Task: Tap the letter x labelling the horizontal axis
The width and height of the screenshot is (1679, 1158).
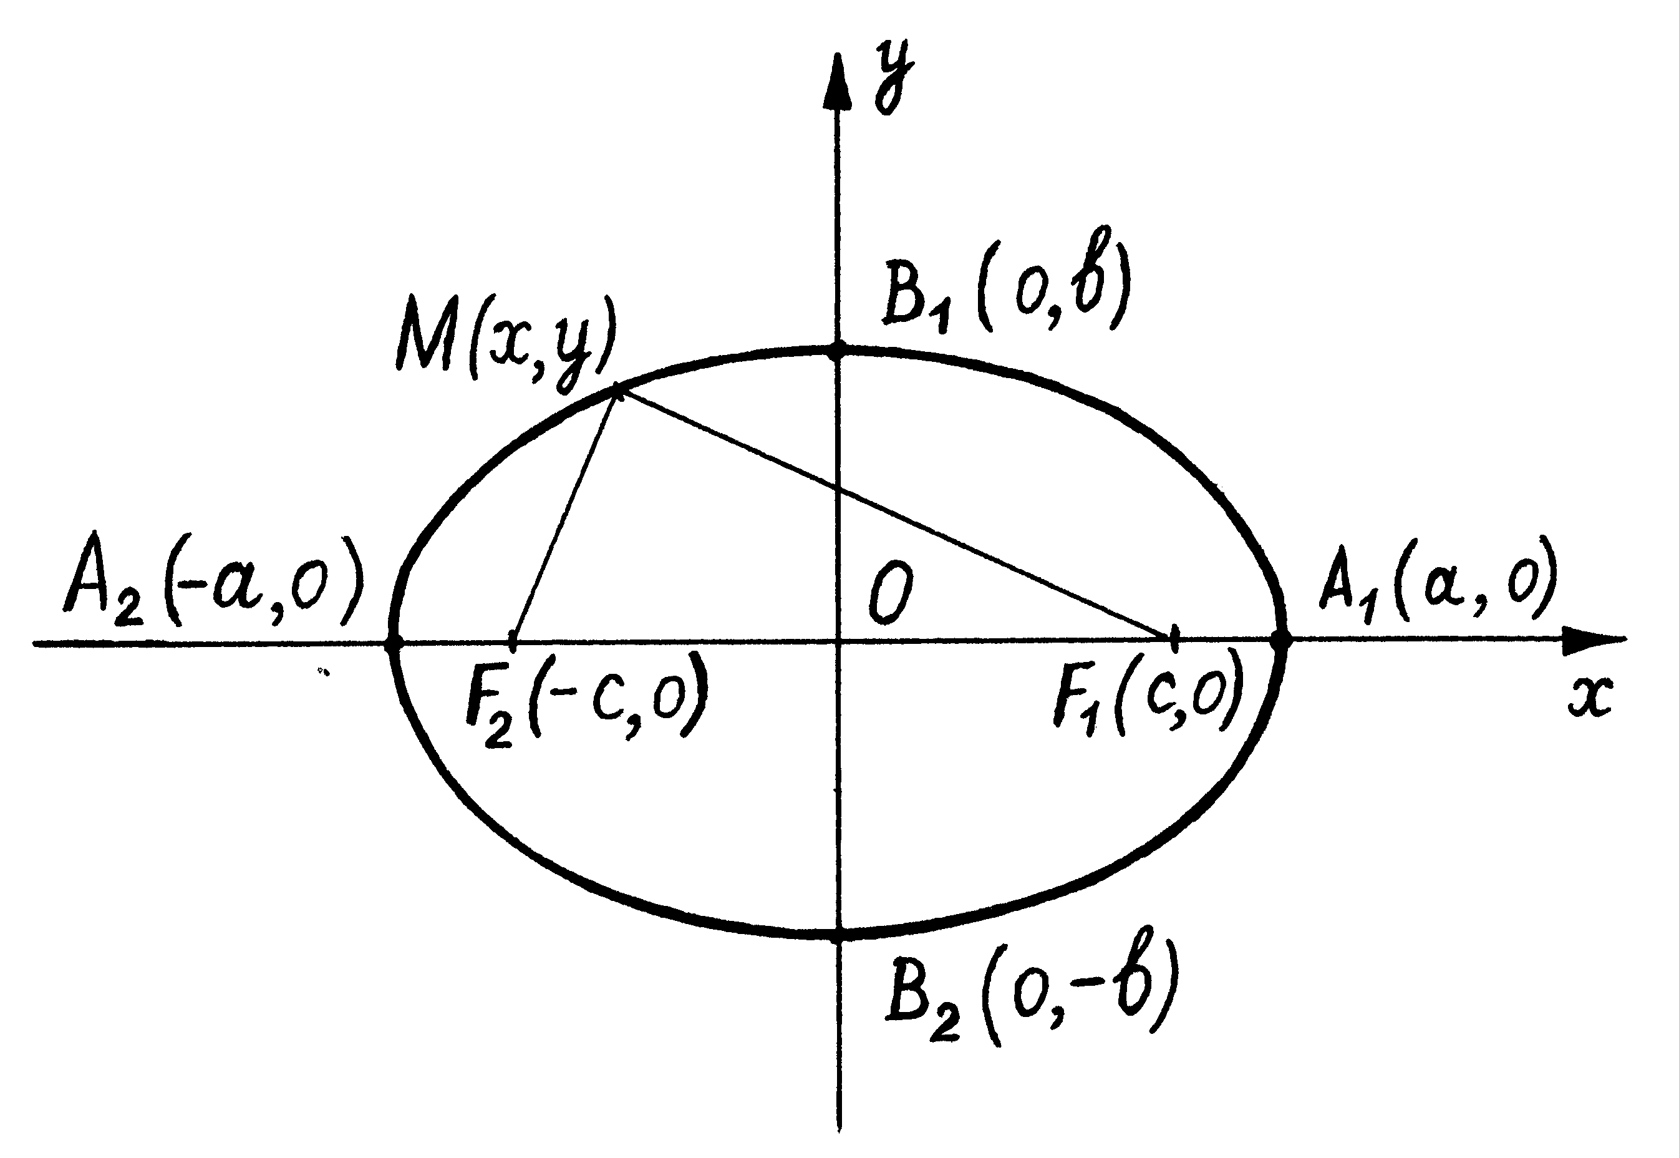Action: point(1590,698)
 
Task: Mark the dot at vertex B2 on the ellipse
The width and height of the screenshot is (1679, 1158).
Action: point(839,934)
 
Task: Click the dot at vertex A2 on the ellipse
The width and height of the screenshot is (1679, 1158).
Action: point(393,642)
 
